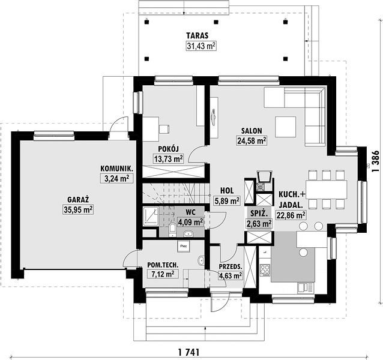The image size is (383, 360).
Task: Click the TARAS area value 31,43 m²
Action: [x=201, y=46]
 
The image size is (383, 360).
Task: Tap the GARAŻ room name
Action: [x=78, y=199]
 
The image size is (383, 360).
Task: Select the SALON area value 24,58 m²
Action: [x=252, y=141]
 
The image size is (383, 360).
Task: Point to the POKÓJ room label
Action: [x=169, y=149]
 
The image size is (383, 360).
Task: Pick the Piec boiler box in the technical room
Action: [x=184, y=246]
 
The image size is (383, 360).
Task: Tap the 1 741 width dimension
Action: [x=189, y=352]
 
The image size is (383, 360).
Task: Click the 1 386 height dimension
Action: [x=375, y=161]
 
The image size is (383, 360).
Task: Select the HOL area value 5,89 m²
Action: [x=227, y=200]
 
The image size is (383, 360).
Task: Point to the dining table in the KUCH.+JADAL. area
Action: [x=327, y=190]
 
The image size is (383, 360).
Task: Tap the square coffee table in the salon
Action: [x=286, y=127]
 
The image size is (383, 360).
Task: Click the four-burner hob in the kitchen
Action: [x=265, y=270]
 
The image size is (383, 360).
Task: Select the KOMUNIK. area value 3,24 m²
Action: [x=116, y=179]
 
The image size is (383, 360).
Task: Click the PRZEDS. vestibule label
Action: [x=231, y=266]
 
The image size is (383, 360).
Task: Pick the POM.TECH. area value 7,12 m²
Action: [x=163, y=274]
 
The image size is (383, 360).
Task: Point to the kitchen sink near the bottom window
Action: [x=306, y=287]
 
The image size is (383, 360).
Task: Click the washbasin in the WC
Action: [x=188, y=234]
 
